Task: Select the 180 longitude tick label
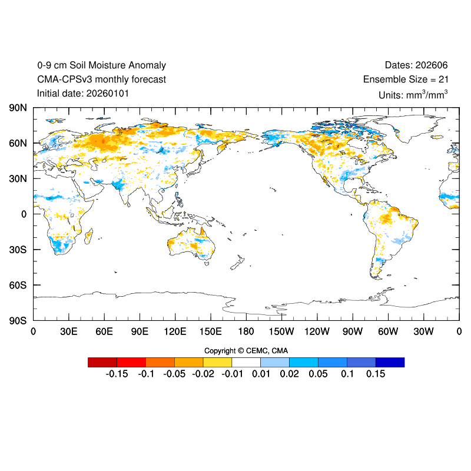[x=246, y=332]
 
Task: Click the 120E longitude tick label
[x=175, y=332]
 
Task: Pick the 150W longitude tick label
[x=281, y=332]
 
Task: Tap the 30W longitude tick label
[x=423, y=332]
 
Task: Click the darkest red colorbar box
[x=102, y=362]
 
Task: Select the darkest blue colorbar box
[x=390, y=362]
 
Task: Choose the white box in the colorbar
[x=246, y=362]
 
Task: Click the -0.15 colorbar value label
[x=117, y=374]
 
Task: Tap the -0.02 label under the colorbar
[x=203, y=374]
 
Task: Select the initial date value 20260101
[x=108, y=93]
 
